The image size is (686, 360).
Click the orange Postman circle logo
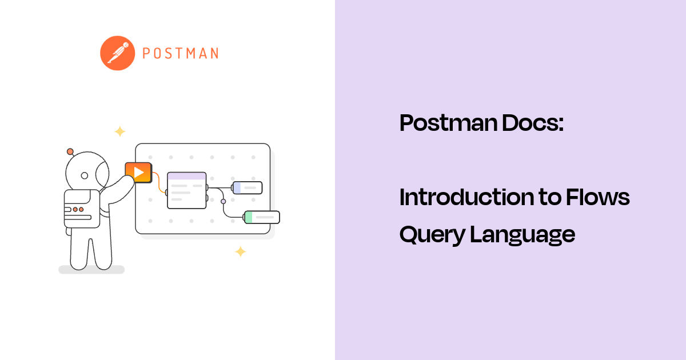pos(117,53)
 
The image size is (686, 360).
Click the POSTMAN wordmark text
pos(180,54)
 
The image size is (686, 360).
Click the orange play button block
pos(138,172)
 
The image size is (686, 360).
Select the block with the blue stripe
pos(247,187)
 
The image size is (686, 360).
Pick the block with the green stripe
pos(262,217)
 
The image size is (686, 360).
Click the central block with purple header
pos(186,190)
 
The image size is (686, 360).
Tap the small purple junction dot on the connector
pos(223,201)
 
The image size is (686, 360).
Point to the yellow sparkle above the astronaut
pos(119,131)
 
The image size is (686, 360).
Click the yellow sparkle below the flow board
pos(241,251)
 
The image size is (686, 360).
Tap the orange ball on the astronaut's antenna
pos(70,151)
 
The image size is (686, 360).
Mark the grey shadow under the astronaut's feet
pos(91,269)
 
